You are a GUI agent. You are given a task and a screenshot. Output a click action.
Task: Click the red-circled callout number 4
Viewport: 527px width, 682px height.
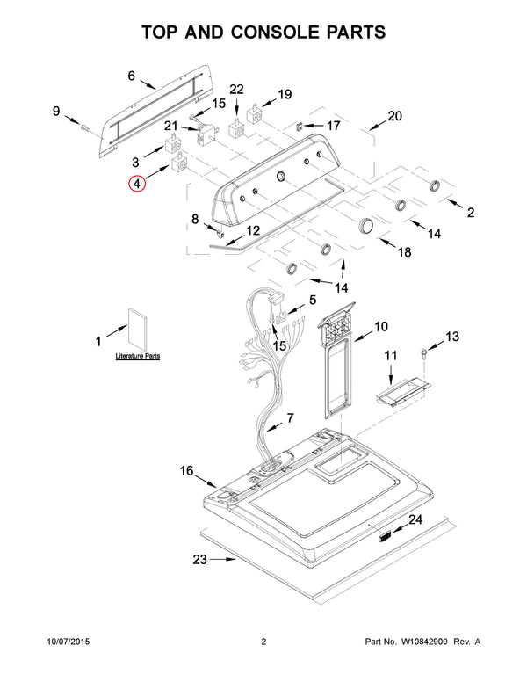(x=135, y=185)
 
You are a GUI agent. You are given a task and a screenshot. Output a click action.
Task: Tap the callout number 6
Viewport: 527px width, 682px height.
(x=132, y=76)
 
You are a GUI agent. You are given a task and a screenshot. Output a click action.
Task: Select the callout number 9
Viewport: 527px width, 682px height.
(x=56, y=112)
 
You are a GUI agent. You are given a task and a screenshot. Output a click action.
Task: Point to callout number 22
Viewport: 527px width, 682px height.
(x=236, y=89)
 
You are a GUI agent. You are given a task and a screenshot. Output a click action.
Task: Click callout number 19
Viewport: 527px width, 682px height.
(x=285, y=94)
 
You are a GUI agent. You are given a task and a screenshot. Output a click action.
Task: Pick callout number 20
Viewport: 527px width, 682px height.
(x=394, y=116)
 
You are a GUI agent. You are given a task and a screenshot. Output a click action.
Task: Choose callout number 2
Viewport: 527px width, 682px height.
(x=470, y=212)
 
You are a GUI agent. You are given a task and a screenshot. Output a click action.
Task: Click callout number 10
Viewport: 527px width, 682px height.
(x=380, y=327)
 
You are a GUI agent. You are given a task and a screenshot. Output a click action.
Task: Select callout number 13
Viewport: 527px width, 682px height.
(x=452, y=336)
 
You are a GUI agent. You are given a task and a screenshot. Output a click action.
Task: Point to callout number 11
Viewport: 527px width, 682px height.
(x=392, y=355)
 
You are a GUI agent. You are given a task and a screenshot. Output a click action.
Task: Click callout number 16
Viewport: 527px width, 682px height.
(x=186, y=471)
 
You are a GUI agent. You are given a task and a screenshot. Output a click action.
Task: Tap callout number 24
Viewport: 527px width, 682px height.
(x=415, y=519)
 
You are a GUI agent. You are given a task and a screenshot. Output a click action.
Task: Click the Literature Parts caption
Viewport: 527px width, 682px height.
(x=139, y=358)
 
